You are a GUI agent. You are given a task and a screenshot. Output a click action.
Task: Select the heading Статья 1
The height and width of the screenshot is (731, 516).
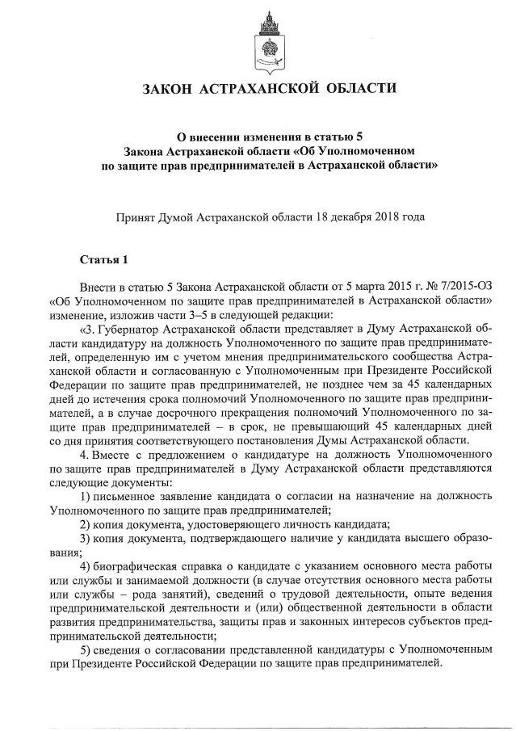tap(103, 259)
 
